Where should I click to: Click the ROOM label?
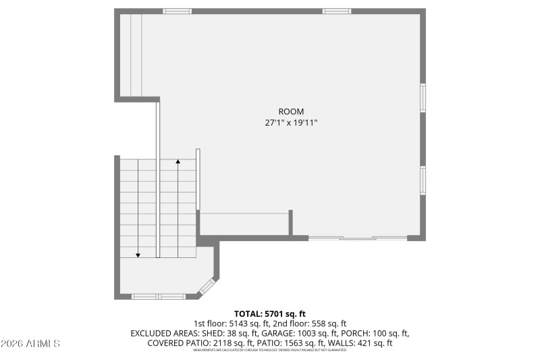pos(291,111)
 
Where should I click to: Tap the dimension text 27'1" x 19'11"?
pos(291,123)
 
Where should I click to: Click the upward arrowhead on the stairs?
pos(178,161)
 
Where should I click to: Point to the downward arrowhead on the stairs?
pos(138,255)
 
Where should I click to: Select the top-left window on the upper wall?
pos(177,11)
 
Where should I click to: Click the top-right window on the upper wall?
pos(336,11)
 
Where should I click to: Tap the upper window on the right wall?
pos(423,97)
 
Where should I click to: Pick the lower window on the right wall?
pos(423,180)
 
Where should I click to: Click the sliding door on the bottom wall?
pos(358,238)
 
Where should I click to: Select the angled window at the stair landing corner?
pos(207,286)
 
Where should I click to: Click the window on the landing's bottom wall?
pos(158,296)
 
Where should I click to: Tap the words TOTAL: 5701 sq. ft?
pos(270,313)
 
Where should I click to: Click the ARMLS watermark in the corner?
pos(30,344)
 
